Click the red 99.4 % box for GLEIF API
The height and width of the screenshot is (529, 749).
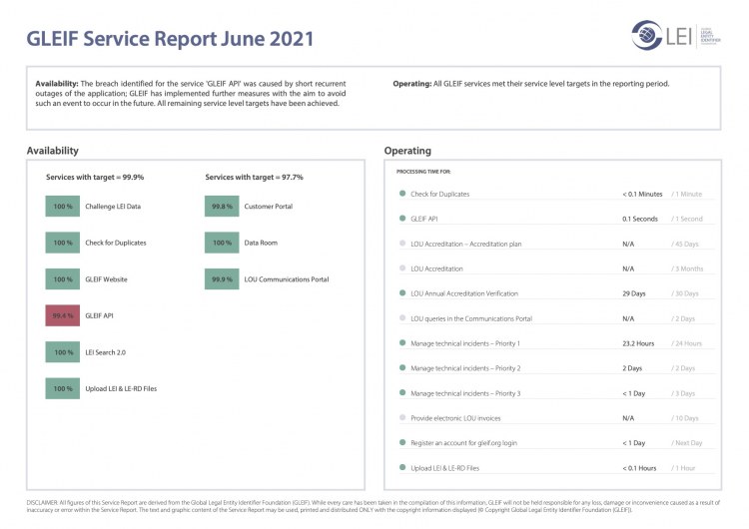[63, 315]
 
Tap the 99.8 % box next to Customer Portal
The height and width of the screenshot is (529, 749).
[222, 207]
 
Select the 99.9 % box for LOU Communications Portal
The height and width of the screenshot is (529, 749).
[222, 279]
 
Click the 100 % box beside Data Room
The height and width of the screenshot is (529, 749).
[222, 243]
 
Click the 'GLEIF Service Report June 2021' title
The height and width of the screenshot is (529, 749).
[170, 40]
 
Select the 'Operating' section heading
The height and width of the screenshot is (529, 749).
[407, 151]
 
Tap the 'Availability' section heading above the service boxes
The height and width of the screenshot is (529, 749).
[53, 151]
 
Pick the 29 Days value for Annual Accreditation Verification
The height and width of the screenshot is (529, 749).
[634, 293]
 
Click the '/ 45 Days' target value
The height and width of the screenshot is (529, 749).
[687, 244]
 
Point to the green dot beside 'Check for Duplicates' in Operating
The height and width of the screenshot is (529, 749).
[401, 194]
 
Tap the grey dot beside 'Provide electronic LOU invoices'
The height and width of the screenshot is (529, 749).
[401, 417]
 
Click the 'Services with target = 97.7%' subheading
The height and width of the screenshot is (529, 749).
[255, 177]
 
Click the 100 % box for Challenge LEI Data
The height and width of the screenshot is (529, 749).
[63, 207]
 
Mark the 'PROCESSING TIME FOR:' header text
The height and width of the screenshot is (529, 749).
[423, 173]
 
